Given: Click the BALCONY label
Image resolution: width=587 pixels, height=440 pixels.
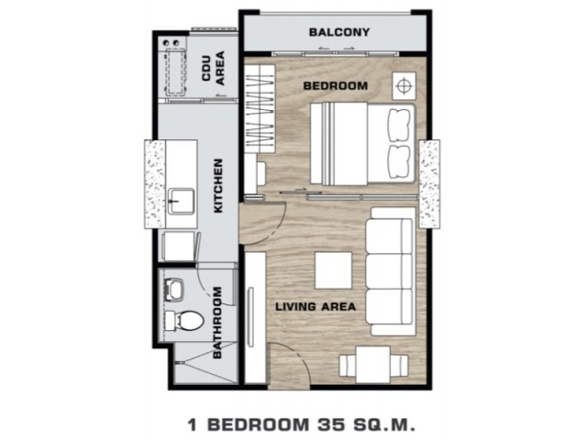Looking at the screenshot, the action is coord(339,32).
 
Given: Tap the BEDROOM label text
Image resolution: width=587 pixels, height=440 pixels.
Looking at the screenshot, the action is coord(336,86).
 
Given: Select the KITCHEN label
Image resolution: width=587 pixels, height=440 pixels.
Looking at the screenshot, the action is coord(218,186).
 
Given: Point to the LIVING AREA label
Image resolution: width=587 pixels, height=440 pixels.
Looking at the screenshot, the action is coord(316,307).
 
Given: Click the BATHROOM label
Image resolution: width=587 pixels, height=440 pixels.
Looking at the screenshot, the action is coord(217,323).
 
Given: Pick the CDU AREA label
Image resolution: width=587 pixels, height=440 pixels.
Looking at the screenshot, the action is coord(214,68).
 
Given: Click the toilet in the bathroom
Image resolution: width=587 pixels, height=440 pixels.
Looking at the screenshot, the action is coord(183,321).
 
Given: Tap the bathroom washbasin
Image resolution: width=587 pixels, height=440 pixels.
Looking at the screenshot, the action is coord(174,290).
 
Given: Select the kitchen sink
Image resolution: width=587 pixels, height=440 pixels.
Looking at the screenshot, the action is coord(182,202).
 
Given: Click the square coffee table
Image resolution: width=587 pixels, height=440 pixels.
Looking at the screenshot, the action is coord(333,270).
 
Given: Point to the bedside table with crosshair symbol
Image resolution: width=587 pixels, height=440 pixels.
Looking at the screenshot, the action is coord(404,85).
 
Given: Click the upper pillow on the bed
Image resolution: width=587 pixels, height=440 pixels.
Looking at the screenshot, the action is coord(400,125).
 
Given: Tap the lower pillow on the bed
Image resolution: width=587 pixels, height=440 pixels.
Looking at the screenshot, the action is coord(400,161).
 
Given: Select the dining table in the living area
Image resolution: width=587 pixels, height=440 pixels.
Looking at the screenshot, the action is coord(373,365).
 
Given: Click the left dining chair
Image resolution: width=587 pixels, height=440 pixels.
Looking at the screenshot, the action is coord(348,366).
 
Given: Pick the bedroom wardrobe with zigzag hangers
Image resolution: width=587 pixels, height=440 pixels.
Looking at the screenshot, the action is coord(260,108).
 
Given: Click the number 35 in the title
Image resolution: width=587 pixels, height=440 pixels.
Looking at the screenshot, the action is coord(331,425).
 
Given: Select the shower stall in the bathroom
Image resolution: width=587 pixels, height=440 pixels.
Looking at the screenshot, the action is coord(205,363).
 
